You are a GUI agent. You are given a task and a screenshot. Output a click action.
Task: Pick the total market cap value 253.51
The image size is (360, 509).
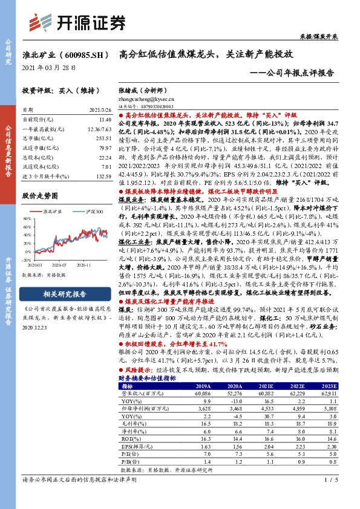(102, 138)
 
